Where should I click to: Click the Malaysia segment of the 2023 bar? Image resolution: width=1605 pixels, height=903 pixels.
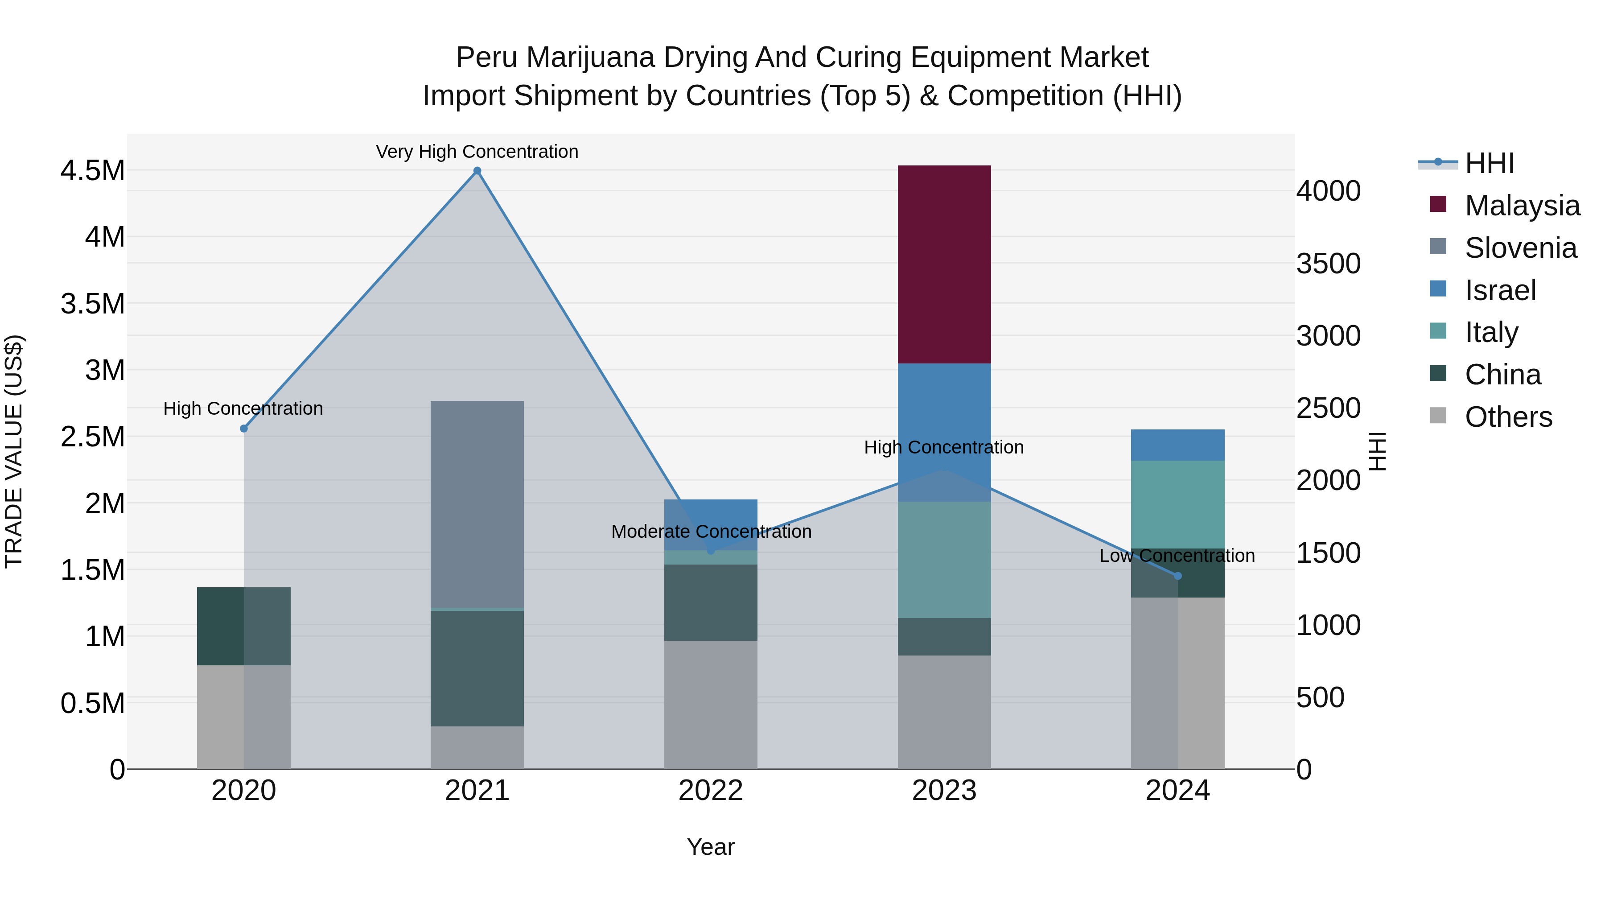point(944,264)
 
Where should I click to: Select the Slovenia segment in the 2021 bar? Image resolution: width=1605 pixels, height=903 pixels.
point(477,503)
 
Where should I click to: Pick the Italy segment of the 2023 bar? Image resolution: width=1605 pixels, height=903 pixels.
point(944,560)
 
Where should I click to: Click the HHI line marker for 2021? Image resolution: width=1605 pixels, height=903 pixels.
point(477,171)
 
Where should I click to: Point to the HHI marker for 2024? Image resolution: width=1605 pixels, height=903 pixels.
point(1177,576)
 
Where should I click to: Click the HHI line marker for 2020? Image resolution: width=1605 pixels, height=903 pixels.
point(243,429)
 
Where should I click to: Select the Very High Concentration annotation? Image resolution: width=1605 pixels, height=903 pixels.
point(477,152)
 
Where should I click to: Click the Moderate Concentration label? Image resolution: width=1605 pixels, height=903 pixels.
point(711,532)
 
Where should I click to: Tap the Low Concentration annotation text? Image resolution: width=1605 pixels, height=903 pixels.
point(1177,555)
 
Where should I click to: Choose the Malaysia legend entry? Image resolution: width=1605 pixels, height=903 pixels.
point(1522,206)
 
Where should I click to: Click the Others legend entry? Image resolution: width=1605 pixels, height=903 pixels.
point(1508,417)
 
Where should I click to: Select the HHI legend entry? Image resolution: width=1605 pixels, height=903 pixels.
point(1489,163)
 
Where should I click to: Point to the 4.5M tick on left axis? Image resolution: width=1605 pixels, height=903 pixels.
point(92,171)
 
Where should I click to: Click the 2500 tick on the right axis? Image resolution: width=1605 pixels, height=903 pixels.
point(1329,408)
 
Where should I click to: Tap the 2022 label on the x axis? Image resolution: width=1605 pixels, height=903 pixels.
point(711,791)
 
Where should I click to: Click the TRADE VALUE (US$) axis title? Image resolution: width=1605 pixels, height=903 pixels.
point(14,451)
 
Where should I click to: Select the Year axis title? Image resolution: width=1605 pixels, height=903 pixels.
point(711,847)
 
